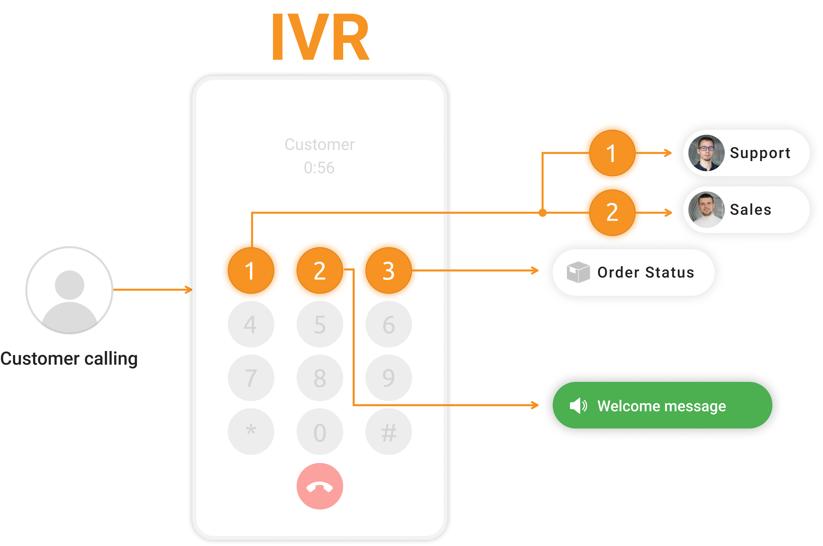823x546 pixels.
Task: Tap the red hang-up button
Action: click(x=319, y=486)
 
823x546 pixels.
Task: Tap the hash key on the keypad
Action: click(x=388, y=432)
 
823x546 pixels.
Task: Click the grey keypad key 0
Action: click(x=319, y=432)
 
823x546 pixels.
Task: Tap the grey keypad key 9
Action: click(x=388, y=378)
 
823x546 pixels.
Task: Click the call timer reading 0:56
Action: click(x=319, y=168)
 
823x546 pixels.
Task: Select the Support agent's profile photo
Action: click(x=706, y=153)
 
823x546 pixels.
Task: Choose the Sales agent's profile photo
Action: click(x=706, y=210)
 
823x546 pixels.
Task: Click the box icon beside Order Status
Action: click(x=578, y=272)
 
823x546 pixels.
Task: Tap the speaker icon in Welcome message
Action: click(x=578, y=406)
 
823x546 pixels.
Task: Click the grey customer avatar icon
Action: click(x=69, y=290)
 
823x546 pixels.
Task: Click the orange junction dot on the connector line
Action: click(x=542, y=212)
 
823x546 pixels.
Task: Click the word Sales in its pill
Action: click(x=750, y=210)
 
